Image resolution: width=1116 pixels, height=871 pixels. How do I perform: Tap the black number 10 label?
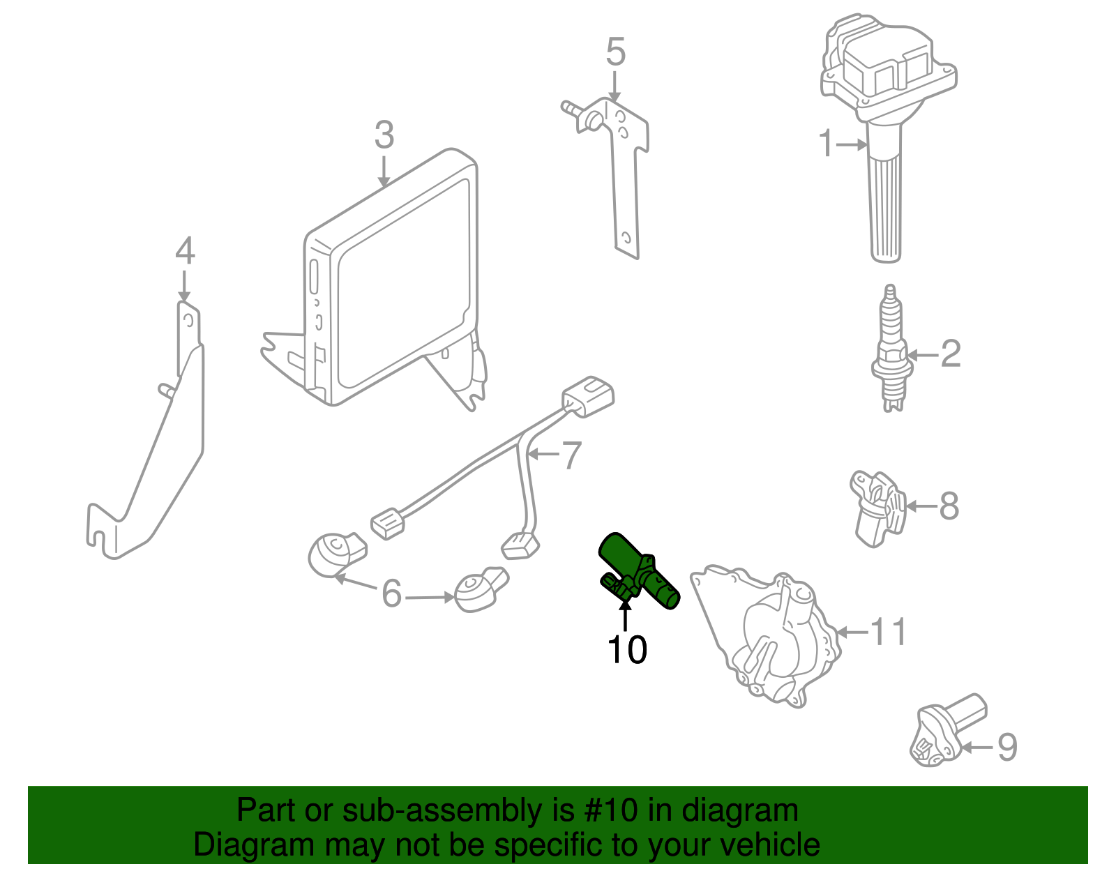point(627,650)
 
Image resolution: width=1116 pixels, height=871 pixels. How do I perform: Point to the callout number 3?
point(384,135)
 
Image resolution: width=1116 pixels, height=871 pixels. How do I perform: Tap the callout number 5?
point(615,52)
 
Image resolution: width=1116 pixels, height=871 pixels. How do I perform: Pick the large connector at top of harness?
point(589,397)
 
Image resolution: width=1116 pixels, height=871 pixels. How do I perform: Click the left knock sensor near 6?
point(335,554)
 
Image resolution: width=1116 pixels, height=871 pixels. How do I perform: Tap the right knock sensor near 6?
point(478,590)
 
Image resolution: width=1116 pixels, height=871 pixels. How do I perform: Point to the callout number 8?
point(949,506)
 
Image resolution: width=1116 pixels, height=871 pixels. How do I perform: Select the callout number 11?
point(888,632)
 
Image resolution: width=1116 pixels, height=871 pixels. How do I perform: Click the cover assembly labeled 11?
point(767,635)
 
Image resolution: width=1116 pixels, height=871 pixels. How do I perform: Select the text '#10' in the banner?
point(606,811)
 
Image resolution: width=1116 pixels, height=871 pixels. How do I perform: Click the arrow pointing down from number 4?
point(184,286)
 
